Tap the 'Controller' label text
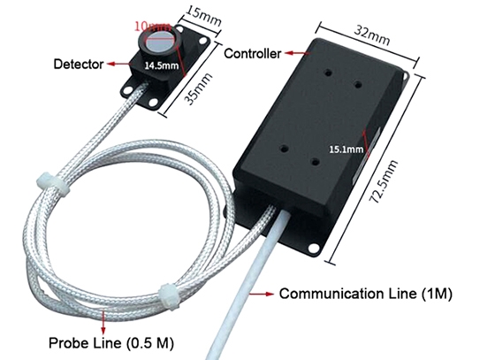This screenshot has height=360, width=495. [253, 54]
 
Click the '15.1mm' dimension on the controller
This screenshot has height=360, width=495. [346, 149]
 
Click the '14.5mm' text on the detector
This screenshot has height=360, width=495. [160, 65]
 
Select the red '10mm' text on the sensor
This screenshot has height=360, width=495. [150, 27]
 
